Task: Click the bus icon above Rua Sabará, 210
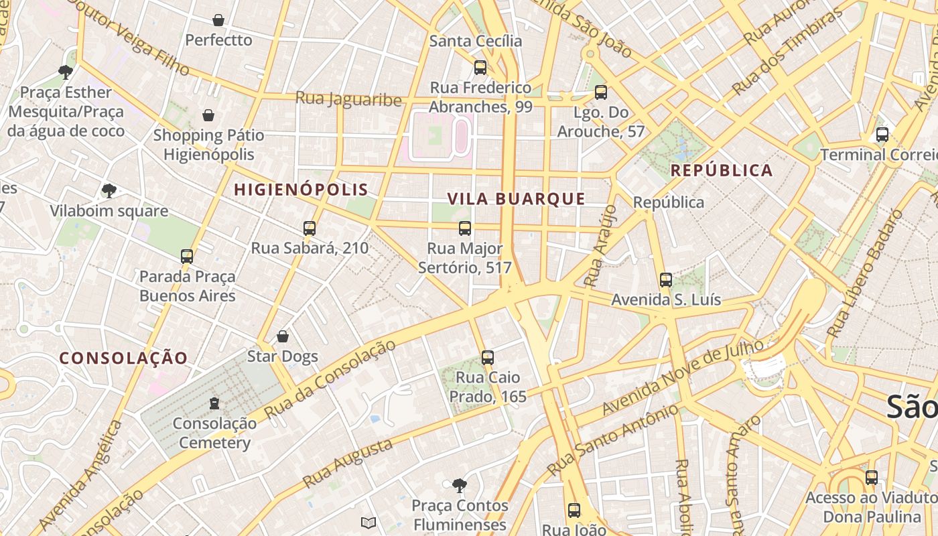point(309,228)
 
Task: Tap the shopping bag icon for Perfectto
point(218,20)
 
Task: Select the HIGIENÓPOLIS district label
point(301,190)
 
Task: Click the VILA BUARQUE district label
point(516,198)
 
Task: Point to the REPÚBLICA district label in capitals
point(722,170)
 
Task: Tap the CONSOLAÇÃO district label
point(123,358)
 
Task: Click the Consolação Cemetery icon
point(214,403)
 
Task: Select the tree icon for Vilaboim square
point(109,191)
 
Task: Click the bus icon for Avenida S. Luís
point(665,280)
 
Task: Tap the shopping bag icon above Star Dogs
point(283,336)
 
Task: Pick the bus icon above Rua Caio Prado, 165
point(488,357)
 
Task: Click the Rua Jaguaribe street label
point(348,99)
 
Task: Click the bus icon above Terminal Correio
point(882,135)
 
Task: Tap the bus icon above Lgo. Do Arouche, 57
point(601,92)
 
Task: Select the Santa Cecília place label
point(476,41)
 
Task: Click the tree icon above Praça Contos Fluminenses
point(459,484)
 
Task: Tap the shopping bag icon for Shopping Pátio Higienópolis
point(208,115)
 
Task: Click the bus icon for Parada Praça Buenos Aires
point(187,256)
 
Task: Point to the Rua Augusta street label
point(347,464)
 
